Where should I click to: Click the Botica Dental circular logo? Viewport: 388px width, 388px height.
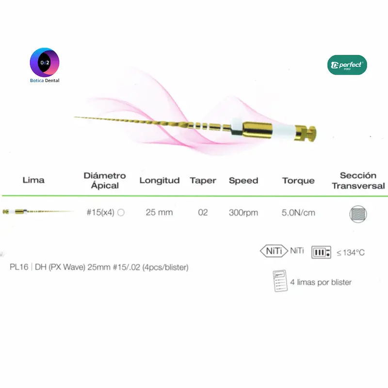click(x=45, y=63)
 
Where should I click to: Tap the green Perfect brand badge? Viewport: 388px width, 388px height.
click(x=347, y=65)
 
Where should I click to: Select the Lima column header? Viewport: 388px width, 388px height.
click(x=33, y=180)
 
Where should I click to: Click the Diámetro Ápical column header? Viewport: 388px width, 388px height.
click(x=105, y=180)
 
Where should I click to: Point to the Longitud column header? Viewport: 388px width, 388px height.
click(x=160, y=180)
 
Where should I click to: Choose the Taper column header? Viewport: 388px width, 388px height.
click(x=203, y=181)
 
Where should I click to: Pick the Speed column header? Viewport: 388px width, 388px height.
click(x=243, y=181)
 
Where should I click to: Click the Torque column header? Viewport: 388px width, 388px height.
click(x=298, y=181)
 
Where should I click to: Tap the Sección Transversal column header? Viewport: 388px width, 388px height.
click(x=358, y=180)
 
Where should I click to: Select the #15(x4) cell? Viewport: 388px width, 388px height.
click(x=100, y=212)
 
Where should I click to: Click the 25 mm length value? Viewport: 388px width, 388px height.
click(x=159, y=212)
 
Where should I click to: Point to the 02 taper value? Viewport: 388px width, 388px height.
click(x=203, y=212)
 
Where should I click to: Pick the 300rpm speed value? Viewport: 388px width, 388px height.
click(x=243, y=213)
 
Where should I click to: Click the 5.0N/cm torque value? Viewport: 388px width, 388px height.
click(x=298, y=213)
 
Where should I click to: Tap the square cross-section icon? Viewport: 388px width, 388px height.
click(x=358, y=214)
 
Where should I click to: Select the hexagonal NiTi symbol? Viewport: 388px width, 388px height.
click(x=274, y=251)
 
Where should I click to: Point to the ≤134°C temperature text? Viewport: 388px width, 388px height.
click(x=351, y=253)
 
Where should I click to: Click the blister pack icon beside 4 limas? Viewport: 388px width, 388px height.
click(x=280, y=281)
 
